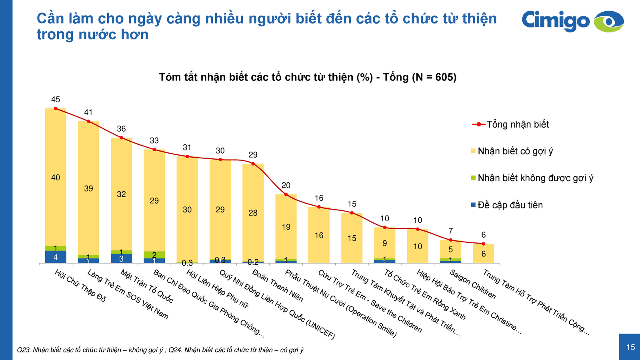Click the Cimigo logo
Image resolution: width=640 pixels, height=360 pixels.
coord(572,21)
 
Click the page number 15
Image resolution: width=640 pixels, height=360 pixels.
coord(630,347)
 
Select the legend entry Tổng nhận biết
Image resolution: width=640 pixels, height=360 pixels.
coord(517,124)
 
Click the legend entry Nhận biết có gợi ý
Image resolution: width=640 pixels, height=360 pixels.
coord(515,151)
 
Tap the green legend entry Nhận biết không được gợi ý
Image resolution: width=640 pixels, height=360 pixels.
coord(535,178)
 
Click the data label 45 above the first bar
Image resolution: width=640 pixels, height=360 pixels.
coord(56,100)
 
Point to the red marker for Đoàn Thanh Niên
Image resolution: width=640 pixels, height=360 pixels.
coord(253,164)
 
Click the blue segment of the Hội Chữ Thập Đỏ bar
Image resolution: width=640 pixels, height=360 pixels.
coord(56,257)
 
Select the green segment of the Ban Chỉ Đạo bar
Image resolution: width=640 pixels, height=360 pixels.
coord(154,255)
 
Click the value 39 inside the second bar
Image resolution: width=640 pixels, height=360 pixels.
coord(88,188)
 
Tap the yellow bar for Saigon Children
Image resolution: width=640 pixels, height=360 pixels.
coord(450,249)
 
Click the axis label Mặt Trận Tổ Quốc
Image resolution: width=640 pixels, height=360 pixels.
coord(147,286)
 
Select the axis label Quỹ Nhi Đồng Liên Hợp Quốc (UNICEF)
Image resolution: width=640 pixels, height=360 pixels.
coord(276,304)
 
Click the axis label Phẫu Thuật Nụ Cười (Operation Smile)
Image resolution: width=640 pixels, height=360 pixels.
coord(340,304)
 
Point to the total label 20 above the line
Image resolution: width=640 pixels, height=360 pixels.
coord(286,186)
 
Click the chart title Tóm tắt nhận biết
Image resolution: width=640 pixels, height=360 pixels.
coord(308,77)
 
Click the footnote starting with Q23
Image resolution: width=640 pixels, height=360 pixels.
coord(160,350)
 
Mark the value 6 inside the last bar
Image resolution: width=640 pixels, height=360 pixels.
coord(483,254)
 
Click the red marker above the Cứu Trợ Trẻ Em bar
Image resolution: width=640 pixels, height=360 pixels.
coord(319,207)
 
